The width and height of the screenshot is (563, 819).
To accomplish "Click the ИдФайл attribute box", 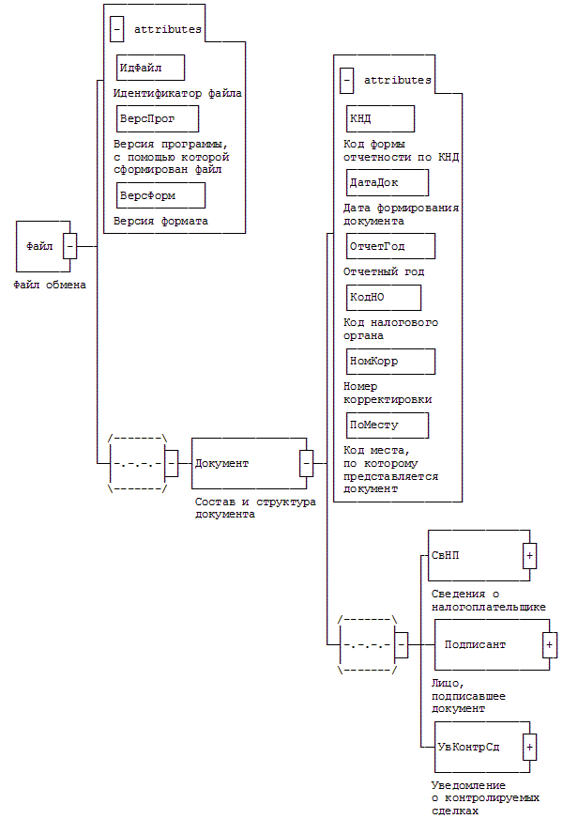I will tap(150, 68).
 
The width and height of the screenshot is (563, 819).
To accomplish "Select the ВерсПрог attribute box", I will tap(158, 118).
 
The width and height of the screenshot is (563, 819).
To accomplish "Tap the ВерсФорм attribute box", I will tap(160, 194).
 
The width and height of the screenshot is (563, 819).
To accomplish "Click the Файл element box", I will tap(40, 246).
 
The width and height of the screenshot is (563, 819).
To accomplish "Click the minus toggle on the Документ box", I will tap(306, 463).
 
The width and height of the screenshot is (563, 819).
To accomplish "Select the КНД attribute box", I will tap(380, 118).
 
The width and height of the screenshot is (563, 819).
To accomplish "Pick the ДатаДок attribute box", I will tap(387, 181).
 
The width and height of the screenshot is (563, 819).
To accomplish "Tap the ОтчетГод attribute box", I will tap(390, 246).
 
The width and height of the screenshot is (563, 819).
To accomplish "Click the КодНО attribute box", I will tap(383, 297).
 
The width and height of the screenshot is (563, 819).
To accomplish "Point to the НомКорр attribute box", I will tap(390, 361).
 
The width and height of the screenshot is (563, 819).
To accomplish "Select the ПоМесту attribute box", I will tap(387, 425).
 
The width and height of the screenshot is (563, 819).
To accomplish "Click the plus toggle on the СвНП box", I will tap(530, 555).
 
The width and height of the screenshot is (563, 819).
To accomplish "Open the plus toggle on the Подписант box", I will tap(550, 644).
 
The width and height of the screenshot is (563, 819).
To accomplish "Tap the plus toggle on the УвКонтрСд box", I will tap(530, 747).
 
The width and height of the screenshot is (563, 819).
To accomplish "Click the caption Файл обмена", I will tap(50, 284).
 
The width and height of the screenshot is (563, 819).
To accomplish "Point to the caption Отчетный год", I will tap(384, 271).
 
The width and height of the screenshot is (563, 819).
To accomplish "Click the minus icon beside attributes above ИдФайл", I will tap(116, 29).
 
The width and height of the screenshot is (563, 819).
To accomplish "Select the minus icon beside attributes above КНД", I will tap(347, 81).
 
